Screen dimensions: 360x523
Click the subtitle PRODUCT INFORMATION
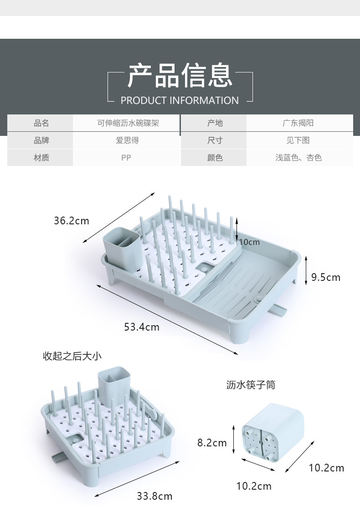(180, 100)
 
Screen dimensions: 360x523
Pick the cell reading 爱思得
(127, 140)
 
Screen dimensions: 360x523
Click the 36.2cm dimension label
(72, 221)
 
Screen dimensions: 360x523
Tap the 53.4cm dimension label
(142, 327)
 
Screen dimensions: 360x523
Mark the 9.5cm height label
(326, 277)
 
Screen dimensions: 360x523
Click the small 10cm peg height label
(249, 242)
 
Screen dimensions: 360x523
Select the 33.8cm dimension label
(154, 496)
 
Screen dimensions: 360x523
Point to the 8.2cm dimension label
(212, 442)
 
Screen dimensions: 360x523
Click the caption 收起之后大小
(72, 356)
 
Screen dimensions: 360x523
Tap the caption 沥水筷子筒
(251, 385)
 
